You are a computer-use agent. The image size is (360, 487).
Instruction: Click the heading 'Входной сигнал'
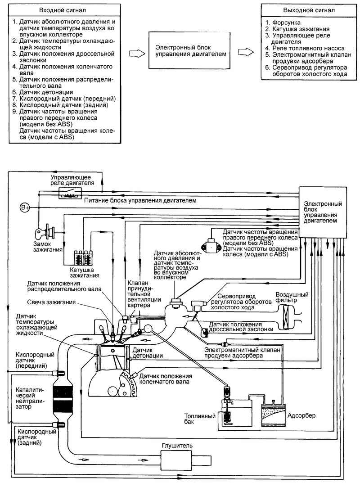(63, 10)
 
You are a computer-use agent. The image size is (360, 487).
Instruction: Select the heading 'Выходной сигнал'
(309, 10)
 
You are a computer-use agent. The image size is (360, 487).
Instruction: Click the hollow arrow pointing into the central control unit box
(137, 54)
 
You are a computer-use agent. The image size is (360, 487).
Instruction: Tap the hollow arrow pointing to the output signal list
(246, 52)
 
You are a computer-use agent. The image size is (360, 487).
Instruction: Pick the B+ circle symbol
(25, 207)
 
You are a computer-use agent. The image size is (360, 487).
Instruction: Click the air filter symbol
(287, 316)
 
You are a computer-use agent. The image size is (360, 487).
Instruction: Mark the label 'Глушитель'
(177, 446)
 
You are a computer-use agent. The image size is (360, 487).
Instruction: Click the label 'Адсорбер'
(301, 415)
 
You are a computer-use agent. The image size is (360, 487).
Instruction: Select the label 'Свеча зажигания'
(51, 302)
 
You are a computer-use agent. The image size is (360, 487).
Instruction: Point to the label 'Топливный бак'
(200, 418)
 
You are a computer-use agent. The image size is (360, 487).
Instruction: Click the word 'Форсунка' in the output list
(286, 23)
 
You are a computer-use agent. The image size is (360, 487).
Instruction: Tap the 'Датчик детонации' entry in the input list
(46, 92)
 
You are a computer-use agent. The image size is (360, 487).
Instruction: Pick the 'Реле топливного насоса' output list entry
(308, 48)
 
